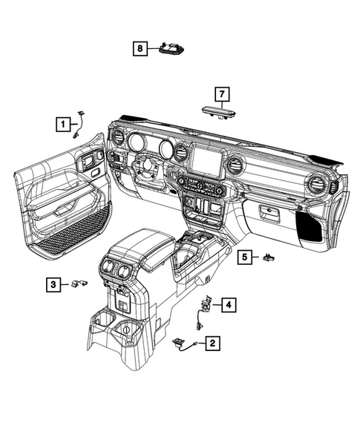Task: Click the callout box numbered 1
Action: point(64,124)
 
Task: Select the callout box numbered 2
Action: point(213,344)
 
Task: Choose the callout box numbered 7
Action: point(220,93)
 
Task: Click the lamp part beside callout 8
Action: point(172,49)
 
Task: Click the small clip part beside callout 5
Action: point(268,257)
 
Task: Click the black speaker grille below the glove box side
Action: point(310,225)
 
